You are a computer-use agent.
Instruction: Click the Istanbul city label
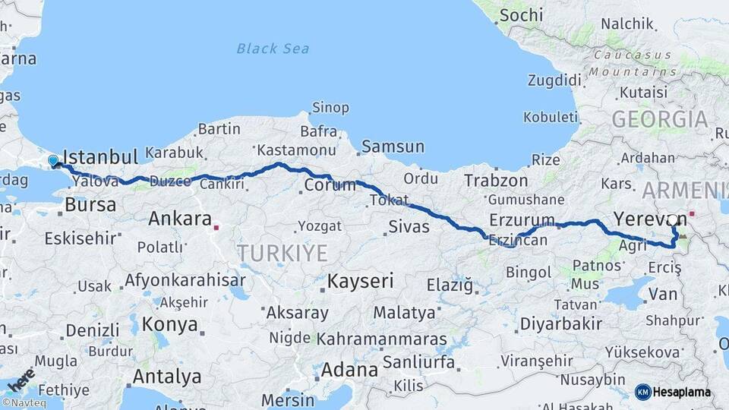100,157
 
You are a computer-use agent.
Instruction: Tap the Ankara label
180,219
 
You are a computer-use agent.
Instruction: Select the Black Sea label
273,49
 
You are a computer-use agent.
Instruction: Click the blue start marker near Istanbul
53,161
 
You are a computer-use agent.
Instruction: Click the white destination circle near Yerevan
673,220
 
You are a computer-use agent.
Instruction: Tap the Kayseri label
361,281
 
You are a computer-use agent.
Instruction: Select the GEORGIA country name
659,119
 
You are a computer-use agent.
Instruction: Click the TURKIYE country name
282,253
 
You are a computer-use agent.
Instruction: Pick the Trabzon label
496,181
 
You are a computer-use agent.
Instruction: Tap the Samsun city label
393,147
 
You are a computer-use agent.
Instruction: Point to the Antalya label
167,377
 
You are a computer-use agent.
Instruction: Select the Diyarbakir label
560,323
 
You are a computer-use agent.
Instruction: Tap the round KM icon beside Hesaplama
642,392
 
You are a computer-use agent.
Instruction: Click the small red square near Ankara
216,225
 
